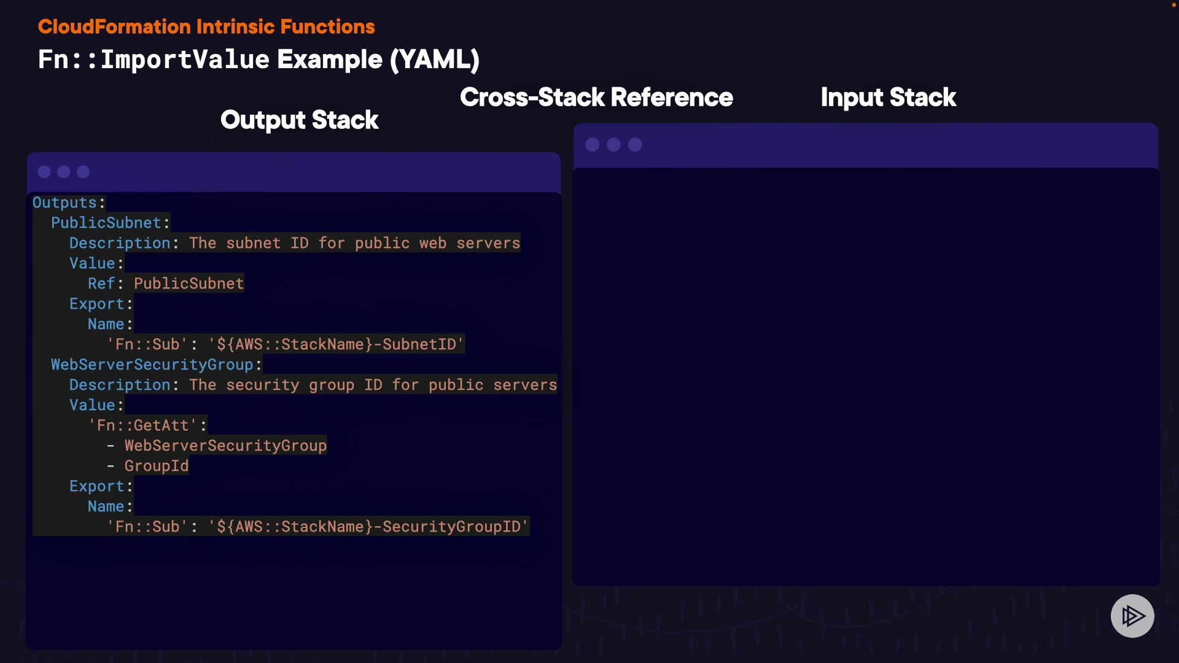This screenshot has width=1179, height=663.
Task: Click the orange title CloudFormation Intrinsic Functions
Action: point(206,27)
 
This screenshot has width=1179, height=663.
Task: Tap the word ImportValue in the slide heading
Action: point(185,60)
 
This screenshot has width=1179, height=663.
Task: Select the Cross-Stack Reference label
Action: point(596,98)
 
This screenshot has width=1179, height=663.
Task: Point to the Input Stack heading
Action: point(888,98)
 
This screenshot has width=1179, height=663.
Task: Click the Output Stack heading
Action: point(299,120)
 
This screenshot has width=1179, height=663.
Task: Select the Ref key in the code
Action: point(101,284)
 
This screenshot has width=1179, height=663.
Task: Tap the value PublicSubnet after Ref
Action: point(189,284)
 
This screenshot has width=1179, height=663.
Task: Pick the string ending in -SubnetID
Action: point(336,344)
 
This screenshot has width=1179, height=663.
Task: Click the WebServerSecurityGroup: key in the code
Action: point(156,365)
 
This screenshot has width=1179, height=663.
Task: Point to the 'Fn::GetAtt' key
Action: point(143,425)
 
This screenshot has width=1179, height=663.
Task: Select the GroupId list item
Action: point(157,466)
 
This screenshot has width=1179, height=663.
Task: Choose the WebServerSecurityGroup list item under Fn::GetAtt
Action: point(225,446)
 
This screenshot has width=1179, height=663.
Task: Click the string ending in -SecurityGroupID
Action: point(368,527)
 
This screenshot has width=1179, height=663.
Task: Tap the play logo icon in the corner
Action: point(1132,616)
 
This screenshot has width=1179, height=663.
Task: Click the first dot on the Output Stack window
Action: point(44,172)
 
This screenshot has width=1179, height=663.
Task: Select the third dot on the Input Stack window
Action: point(635,145)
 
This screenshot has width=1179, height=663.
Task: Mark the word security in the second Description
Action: point(263,385)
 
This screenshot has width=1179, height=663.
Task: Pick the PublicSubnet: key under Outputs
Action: point(110,223)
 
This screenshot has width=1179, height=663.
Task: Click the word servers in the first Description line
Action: point(488,243)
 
